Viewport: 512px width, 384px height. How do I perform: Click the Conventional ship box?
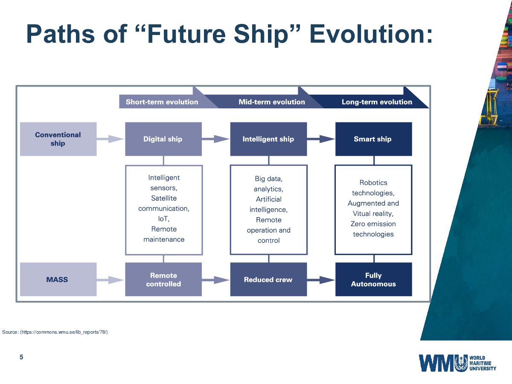(x=58, y=139)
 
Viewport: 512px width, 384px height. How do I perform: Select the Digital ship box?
(x=163, y=139)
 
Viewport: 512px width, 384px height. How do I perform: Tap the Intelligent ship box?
(x=268, y=139)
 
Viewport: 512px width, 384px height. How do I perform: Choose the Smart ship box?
(x=374, y=139)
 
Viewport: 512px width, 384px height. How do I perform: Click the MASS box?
(x=58, y=279)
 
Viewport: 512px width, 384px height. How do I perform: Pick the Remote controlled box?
(x=163, y=279)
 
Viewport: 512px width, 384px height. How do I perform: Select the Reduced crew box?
(x=268, y=279)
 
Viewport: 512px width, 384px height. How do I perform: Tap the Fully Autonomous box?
(x=374, y=279)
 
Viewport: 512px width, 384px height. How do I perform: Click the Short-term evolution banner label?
(x=162, y=102)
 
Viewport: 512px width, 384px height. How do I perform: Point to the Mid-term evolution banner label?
(x=272, y=102)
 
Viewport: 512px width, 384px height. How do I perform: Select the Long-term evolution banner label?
(x=377, y=102)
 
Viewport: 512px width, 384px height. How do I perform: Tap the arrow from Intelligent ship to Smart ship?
(x=321, y=139)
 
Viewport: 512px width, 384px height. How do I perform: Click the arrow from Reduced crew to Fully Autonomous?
(x=321, y=280)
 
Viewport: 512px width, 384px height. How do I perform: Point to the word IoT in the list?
(x=163, y=219)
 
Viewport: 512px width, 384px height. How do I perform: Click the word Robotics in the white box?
(x=373, y=183)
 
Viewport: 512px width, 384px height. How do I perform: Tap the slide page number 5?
(x=21, y=357)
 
